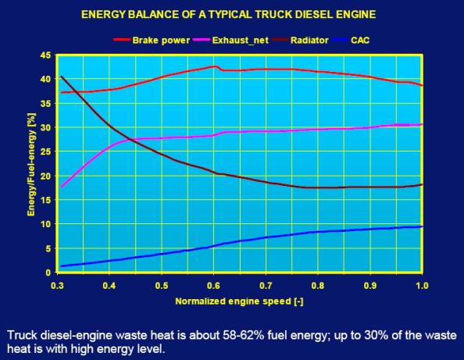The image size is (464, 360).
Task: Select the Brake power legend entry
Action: point(152,41)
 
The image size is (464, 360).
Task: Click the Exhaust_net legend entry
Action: point(230,41)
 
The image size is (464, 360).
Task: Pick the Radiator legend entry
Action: point(300,41)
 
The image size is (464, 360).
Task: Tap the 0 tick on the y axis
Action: point(48,273)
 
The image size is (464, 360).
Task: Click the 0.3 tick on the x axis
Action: point(57,286)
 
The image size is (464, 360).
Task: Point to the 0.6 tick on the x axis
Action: point(214,286)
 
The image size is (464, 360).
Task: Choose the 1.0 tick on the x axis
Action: point(422,286)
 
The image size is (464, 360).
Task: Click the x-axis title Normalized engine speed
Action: point(239,301)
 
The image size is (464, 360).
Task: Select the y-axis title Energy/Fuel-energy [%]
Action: point(31,164)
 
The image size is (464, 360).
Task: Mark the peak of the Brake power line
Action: point(215,66)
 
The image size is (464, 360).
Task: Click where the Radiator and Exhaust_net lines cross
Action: point(131,140)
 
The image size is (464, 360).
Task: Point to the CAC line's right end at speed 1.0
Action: point(422,227)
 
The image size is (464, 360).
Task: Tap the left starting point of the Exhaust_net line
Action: point(61,187)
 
